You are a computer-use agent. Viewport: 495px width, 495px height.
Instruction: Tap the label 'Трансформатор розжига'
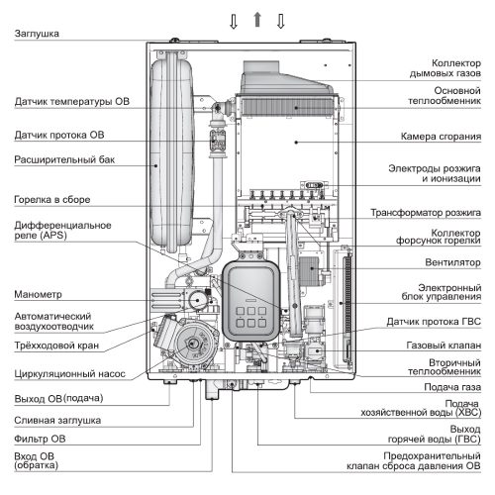point(426,212)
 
